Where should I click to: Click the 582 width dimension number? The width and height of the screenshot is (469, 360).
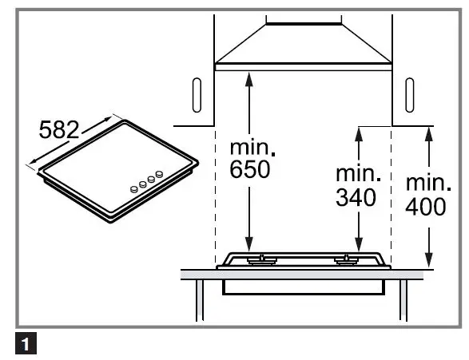pyautogui.click(x=60, y=129)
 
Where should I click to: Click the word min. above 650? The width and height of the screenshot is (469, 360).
pyautogui.click(x=251, y=148)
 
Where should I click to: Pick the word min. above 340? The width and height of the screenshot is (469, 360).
pyautogui.click(x=356, y=173)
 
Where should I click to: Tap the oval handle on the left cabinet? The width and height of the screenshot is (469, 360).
pyautogui.click(x=197, y=95)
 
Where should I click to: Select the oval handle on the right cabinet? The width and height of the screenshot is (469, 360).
pyautogui.click(x=410, y=95)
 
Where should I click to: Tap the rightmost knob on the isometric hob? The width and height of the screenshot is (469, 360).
pyautogui.click(x=160, y=173)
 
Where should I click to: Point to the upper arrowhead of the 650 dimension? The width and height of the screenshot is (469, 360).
pyautogui.click(x=250, y=77)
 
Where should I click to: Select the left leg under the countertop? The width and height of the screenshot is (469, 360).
pyautogui.click(x=197, y=302)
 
